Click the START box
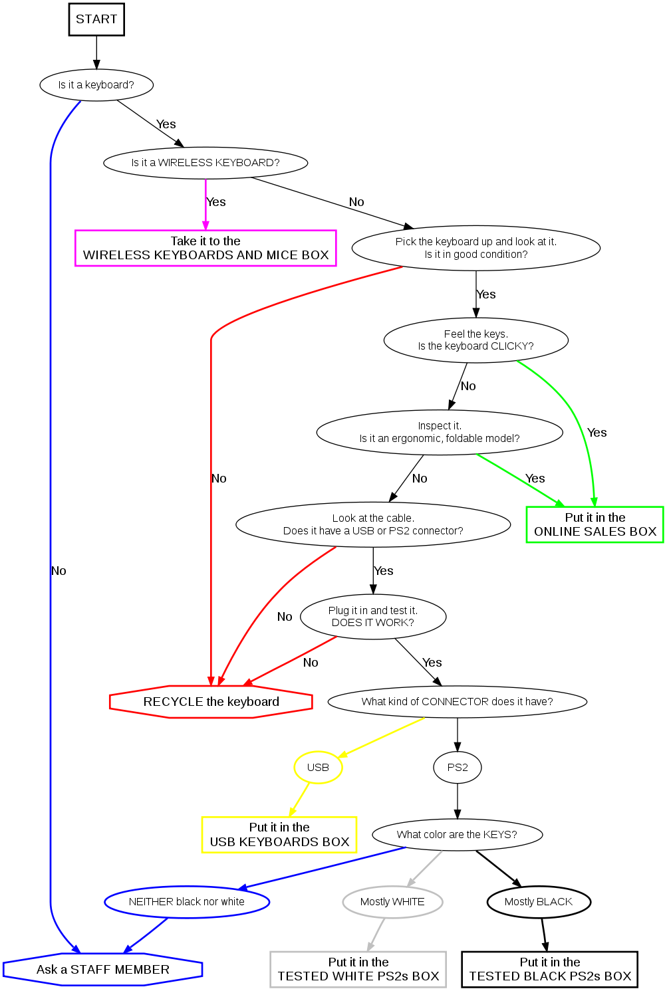click(x=96, y=19)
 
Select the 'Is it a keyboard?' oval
click(x=96, y=85)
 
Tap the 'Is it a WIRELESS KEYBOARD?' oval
click(x=205, y=163)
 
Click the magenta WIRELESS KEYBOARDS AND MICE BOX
click(x=205, y=248)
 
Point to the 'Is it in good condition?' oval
click(x=475, y=248)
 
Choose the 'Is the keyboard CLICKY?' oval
click(x=475, y=340)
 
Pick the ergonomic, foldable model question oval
click(x=440, y=432)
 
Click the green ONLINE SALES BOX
click(x=595, y=524)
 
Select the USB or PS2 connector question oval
click(x=373, y=524)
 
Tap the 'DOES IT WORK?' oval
click(x=373, y=616)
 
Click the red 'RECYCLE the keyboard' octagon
click(x=211, y=702)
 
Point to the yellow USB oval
click(x=318, y=767)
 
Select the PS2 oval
click(x=458, y=767)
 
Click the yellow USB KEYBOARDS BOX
click(x=279, y=835)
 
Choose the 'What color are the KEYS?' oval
click(x=457, y=835)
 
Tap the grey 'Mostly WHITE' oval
click(x=392, y=902)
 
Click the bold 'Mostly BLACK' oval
click(x=539, y=902)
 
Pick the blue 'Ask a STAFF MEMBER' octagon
click(x=102, y=970)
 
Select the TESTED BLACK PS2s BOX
click(x=550, y=970)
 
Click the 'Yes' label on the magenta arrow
click(x=216, y=202)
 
